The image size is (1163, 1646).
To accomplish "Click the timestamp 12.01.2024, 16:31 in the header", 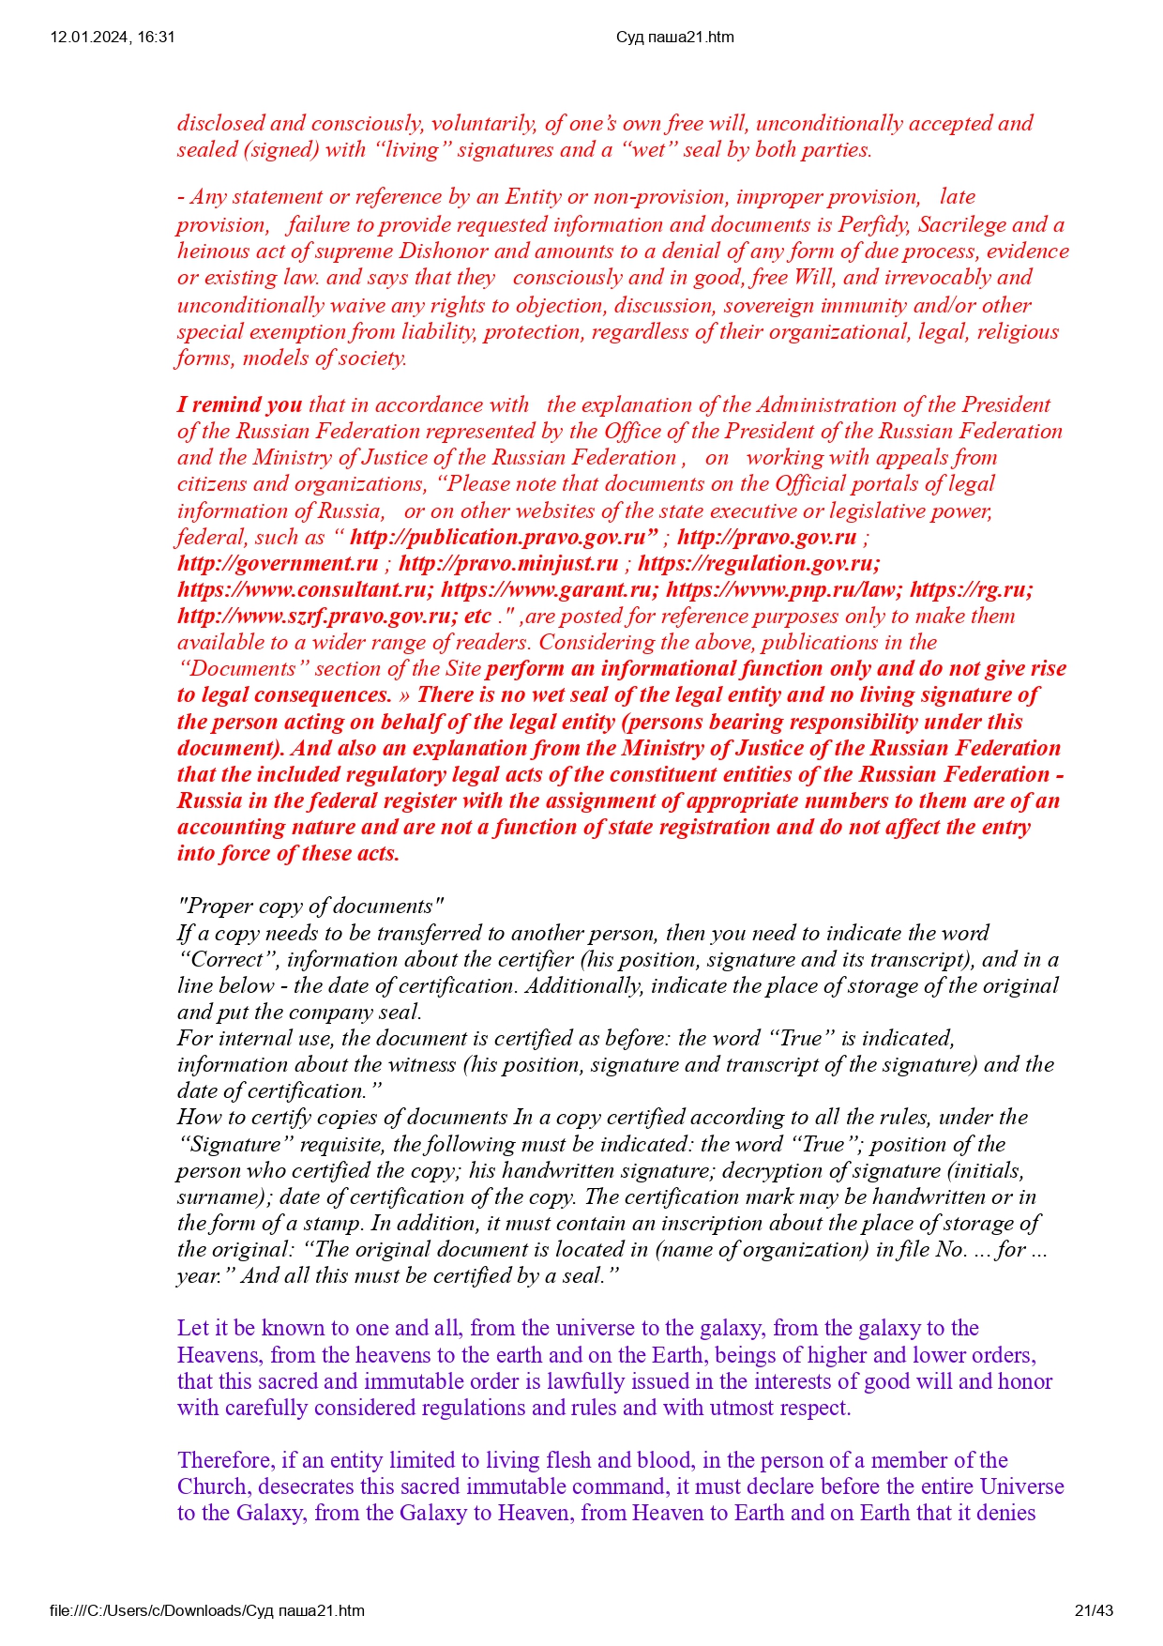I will pos(113,38).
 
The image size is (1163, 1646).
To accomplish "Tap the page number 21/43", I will pos(1094,1610).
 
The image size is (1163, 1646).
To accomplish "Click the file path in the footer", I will pos(207,1610).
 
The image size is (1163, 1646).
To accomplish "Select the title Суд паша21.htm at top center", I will pos(674,38).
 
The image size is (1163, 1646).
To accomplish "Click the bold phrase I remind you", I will pos(239,404).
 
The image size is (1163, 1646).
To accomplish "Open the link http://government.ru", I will pos(278,563).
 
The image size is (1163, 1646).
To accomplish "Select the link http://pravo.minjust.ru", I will pos(508,563).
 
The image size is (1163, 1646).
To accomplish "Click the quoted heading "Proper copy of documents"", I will pos(310,906).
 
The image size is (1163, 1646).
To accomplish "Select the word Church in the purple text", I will pos(212,1486).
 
